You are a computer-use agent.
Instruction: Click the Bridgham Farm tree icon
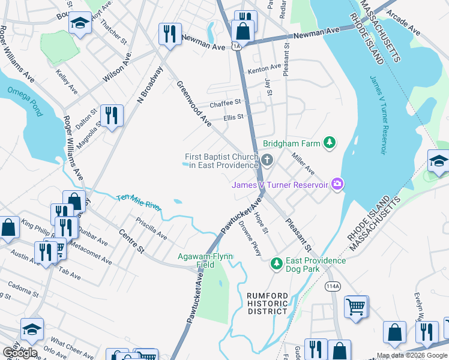click(x=329, y=143)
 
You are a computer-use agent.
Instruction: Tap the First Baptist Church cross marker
click(x=268, y=160)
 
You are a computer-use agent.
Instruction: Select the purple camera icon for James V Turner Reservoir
click(x=337, y=184)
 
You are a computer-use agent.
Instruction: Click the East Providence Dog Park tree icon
click(x=276, y=263)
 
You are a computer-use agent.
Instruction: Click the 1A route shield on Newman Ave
click(x=237, y=46)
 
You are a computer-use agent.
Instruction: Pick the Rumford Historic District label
click(x=268, y=303)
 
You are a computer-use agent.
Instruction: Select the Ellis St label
click(x=233, y=117)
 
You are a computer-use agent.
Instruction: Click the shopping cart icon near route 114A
click(x=356, y=307)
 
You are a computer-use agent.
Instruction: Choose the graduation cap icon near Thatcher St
click(x=79, y=24)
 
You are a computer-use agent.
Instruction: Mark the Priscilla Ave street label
click(x=152, y=228)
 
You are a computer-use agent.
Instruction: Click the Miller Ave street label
click(x=303, y=163)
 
